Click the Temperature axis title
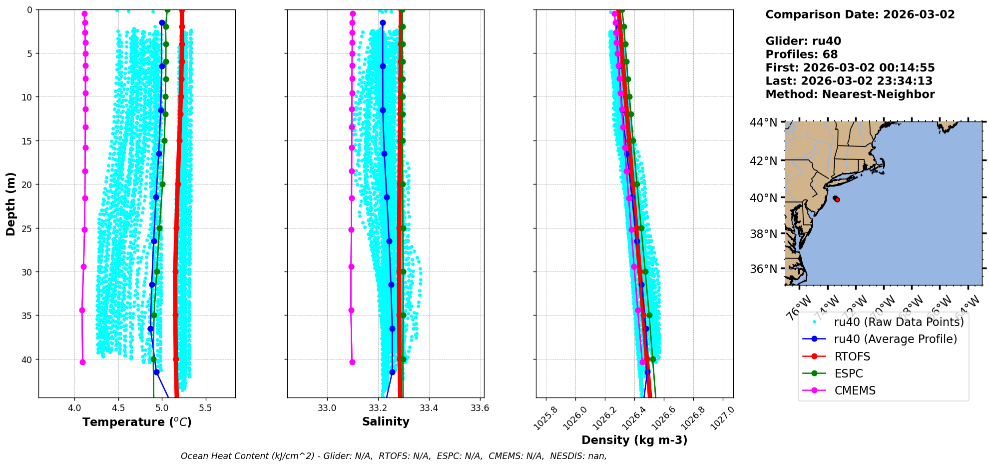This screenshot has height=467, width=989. tap(137, 422)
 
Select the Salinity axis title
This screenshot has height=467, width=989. tap(386, 421)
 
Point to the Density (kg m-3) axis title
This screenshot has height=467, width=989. tap(634, 440)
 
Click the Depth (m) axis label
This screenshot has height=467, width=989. tap(10, 204)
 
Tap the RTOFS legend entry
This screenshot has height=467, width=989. tap(852, 356)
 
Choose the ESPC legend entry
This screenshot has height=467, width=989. tap(849, 373)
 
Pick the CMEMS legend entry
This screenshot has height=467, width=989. tap(855, 390)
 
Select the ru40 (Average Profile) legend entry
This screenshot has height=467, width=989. tap(895, 339)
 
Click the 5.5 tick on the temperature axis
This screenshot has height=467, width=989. tap(205, 408)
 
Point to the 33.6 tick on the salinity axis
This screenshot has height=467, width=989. tap(480, 408)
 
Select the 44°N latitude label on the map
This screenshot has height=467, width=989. tap(763, 122)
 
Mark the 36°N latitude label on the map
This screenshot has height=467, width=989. tap(763, 269)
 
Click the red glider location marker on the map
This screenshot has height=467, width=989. tap(837, 199)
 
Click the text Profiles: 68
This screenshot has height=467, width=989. tap(801, 54)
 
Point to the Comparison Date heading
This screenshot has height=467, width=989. tap(860, 14)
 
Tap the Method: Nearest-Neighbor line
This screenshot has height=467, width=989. tap(850, 94)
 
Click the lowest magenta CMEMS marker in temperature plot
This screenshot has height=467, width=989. tap(82, 362)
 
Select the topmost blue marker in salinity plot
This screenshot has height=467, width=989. tap(383, 22)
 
